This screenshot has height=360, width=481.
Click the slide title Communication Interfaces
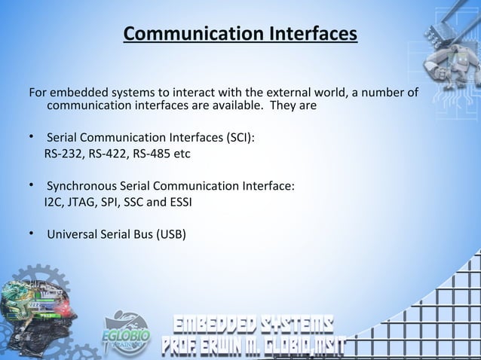click(x=240, y=35)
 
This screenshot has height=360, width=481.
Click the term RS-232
click(x=64, y=154)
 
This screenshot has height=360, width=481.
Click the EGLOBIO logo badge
click(x=127, y=333)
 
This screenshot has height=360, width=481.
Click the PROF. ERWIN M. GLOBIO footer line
click(x=252, y=347)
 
